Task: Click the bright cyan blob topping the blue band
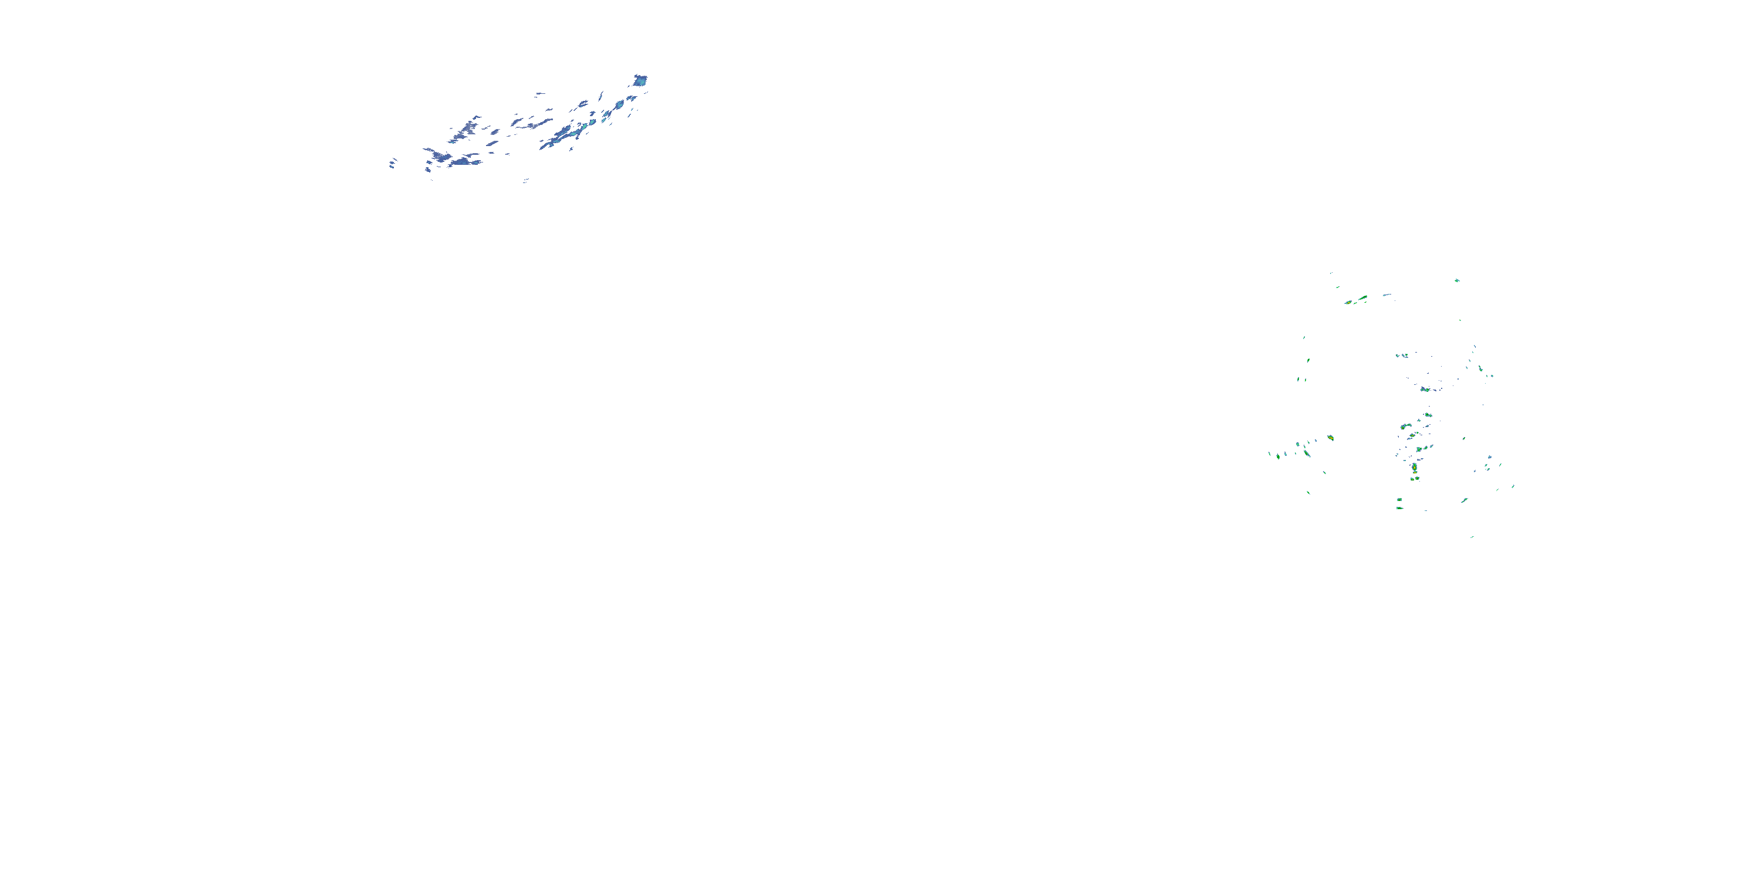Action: [640, 80]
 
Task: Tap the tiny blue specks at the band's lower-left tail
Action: [392, 163]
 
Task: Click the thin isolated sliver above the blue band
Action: [540, 94]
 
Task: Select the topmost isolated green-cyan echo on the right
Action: [1457, 280]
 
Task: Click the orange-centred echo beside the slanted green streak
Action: [1348, 302]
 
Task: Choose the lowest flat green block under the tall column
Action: [1399, 507]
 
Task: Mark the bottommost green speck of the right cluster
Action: [1472, 537]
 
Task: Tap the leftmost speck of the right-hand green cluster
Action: [1270, 453]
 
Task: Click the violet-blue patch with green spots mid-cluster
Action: [1425, 390]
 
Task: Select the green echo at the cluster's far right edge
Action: [1513, 486]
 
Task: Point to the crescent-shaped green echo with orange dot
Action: [1307, 452]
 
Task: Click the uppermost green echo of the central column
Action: [1428, 414]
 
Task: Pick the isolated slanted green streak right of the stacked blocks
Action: [1465, 500]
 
